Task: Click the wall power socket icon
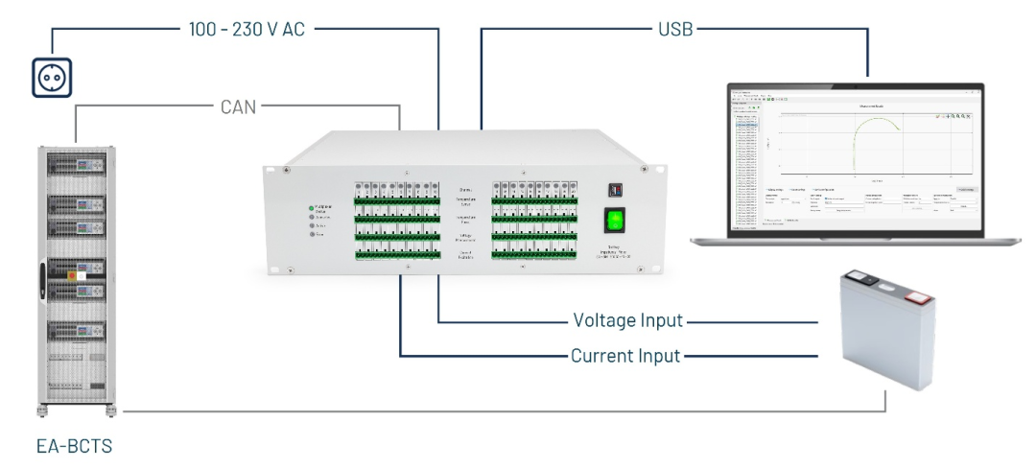(x=52, y=78)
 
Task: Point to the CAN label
(x=237, y=106)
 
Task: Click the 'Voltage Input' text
(x=628, y=320)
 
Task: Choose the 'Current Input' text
(x=625, y=356)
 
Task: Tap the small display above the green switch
(x=614, y=190)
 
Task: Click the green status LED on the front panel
(x=311, y=207)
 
